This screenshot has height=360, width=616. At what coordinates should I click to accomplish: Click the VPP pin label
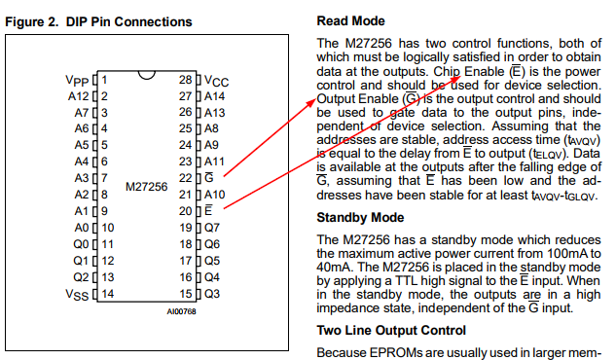tap(77, 81)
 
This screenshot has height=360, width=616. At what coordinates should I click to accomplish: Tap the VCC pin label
tap(216, 82)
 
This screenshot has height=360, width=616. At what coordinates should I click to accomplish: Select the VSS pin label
tap(77, 295)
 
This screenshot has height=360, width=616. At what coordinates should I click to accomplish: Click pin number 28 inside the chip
tap(186, 80)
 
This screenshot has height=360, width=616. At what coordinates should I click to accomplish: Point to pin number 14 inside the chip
tap(108, 294)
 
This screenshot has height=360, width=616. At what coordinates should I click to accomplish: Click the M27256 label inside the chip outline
tap(147, 187)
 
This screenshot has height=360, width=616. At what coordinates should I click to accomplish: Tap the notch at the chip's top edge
tap(147, 75)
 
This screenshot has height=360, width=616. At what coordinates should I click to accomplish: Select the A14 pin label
tap(214, 96)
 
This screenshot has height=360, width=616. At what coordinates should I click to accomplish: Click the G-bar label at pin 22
tap(209, 177)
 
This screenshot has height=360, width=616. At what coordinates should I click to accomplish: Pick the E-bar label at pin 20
tap(208, 210)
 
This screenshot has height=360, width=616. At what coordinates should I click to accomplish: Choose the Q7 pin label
tap(212, 228)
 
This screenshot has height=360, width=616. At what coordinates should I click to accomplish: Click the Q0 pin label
tap(81, 244)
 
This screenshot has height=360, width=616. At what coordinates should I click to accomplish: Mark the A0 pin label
tap(82, 228)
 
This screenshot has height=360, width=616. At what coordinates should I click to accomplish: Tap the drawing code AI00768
tap(182, 311)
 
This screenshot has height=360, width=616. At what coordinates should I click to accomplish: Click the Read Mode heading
tap(351, 20)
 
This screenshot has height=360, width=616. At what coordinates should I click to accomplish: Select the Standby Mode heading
tap(360, 218)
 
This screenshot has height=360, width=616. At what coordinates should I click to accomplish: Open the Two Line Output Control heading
tap(391, 331)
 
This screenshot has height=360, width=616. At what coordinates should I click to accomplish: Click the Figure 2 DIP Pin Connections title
tap(98, 22)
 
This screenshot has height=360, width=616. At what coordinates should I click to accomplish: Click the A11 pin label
tap(214, 162)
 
